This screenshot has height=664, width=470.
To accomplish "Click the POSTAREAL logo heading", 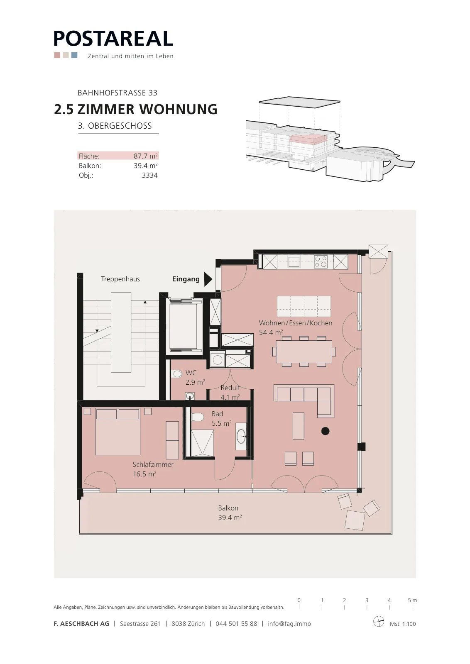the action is click(x=113, y=39).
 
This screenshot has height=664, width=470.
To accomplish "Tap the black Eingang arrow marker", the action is click(x=208, y=279).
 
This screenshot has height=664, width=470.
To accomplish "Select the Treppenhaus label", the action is click(x=120, y=279).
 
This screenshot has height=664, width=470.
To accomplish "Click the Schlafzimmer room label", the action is click(x=153, y=464).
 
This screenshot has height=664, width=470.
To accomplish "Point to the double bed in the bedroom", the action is click(x=117, y=432).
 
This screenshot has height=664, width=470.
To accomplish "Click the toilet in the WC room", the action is click(x=177, y=374).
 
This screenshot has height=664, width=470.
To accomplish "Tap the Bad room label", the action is click(x=217, y=414).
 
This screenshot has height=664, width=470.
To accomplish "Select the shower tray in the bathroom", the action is click(x=202, y=444).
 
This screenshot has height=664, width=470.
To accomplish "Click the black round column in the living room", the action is click(x=325, y=431).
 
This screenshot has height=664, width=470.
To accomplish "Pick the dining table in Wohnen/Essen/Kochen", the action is click(x=304, y=352).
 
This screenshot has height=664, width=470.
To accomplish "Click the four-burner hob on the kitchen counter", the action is click(x=321, y=261).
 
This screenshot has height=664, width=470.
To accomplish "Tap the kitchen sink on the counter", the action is click(x=294, y=261).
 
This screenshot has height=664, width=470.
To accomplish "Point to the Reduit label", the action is click(x=230, y=388).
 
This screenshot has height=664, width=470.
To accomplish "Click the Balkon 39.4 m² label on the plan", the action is click(x=230, y=513).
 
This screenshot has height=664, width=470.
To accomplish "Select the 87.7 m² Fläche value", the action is click(x=146, y=156).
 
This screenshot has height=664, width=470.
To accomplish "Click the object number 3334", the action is click(x=150, y=175).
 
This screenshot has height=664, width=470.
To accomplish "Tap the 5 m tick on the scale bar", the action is click(x=412, y=607).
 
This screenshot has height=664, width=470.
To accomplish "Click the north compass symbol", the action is click(x=379, y=621).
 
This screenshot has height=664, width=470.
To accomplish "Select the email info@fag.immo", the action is click(x=289, y=624).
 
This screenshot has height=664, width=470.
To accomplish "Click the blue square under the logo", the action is click(x=74, y=55).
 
